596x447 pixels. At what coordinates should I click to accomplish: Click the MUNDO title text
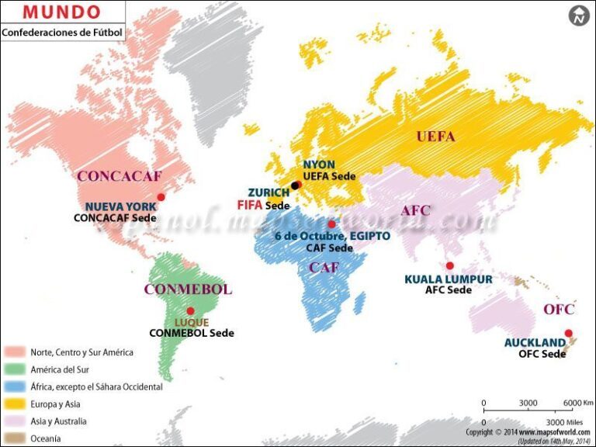pos(62,12)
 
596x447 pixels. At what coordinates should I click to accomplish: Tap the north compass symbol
pos(579,15)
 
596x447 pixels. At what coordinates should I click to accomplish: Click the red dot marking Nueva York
pos(161,197)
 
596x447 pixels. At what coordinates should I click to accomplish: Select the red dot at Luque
pos(190,311)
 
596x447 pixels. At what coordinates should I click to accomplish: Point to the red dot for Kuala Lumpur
pos(449,266)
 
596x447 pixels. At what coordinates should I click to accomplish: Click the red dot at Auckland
pos(568,334)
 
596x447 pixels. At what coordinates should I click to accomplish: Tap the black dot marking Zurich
pos(294,185)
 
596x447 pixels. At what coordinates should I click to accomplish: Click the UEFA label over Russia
pos(435,137)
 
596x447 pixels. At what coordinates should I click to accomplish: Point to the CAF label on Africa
pos(324,268)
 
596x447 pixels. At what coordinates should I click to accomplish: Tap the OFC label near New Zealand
pos(559,310)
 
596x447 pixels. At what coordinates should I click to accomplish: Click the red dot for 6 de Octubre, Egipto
pos(331,224)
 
